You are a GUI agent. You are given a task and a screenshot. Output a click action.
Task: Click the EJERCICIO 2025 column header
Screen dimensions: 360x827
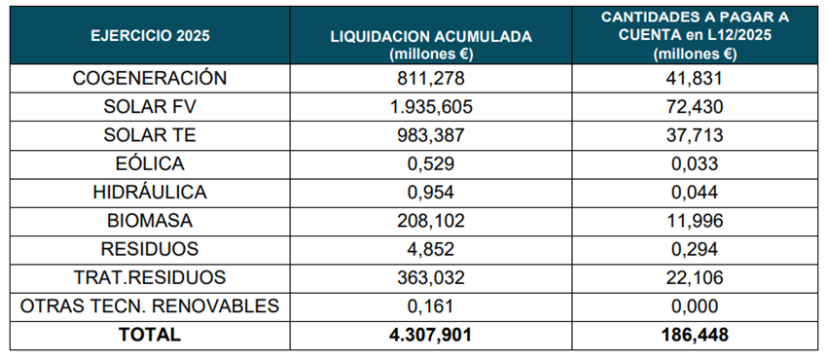point(150,37)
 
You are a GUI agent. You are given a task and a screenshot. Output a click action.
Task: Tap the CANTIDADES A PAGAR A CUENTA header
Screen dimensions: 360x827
point(696,37)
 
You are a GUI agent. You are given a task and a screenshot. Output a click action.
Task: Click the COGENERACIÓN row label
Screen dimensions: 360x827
point(150,79)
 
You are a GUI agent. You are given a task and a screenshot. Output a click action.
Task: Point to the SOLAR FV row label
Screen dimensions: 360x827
point(150,107)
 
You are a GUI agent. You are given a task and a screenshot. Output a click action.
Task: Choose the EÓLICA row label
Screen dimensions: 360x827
point(150,164)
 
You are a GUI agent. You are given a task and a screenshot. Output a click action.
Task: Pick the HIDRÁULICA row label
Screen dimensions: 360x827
point(150,193)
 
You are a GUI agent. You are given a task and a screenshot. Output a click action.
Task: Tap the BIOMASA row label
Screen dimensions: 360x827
point(150,221)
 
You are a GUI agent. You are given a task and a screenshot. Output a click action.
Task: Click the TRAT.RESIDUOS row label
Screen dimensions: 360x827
point(150,277)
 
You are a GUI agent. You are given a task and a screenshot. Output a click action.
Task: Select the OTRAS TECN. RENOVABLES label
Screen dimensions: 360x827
point(150,306)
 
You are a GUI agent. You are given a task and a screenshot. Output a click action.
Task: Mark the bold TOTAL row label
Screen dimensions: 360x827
point(150,335)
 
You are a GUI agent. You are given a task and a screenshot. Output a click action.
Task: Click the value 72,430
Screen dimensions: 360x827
point(696,107)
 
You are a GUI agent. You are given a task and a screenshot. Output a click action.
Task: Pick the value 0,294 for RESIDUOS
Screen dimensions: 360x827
point(696,249)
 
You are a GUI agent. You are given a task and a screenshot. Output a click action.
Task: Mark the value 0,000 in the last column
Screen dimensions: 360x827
point(696,306)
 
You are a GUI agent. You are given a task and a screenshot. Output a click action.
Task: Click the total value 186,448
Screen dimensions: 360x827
point(696,335)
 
